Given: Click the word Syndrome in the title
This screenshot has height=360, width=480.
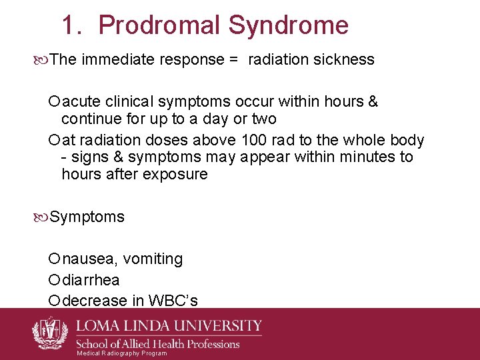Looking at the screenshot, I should pyautogui.click(x=288, y=26).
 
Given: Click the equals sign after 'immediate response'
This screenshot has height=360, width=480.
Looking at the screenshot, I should pyautogui.click(x=233, y=59).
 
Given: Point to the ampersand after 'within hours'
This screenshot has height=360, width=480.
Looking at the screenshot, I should pyautogui.click(x=373, y=102).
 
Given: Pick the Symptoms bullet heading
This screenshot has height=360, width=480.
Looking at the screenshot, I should pyautogui.click(x=87, y=217).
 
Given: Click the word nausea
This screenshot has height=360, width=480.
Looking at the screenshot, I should pyautogui.click(x=89, y=259).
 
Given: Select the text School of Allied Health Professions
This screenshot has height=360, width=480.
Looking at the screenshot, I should pyautogui.click(x=157, y=344).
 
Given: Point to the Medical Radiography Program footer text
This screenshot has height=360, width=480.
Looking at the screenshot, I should pyautogui.click(x=121, y=353).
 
